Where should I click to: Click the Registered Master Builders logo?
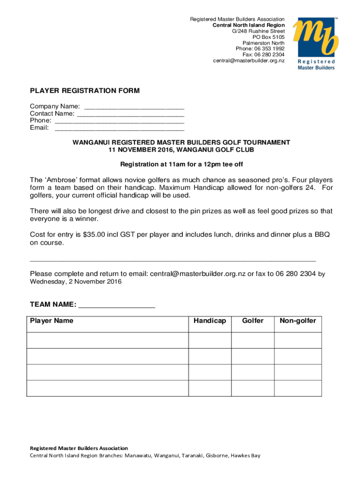(x=314, y=44)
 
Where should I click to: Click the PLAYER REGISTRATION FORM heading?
(x=85, y=91)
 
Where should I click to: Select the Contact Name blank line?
(x=130, y=114)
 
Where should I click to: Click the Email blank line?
(x=119, y=128)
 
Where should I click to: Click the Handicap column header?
(x=210, y=321)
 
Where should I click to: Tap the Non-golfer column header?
(x=298, y=321)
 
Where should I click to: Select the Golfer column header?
(x=252, y=321)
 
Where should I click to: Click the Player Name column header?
(x=52, y=321)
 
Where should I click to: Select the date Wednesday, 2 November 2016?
(x=76, y=282)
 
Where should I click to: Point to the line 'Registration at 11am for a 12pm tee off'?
(x=181, y=165)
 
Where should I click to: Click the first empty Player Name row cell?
(x=108, y=340)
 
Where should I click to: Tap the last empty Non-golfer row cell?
(x=298, y=388)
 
